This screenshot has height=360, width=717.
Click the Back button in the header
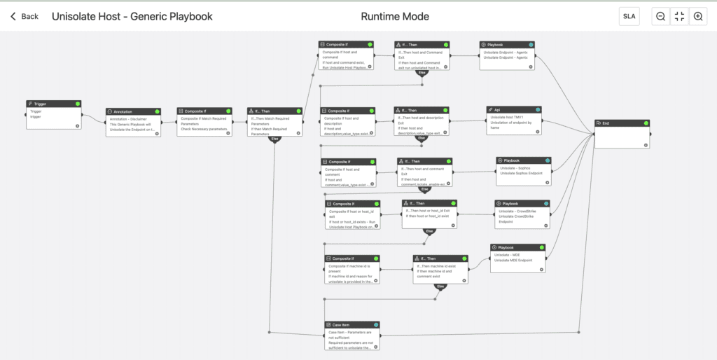click(x=25, y=16)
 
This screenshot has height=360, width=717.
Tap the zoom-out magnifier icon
click(x=660, y=17)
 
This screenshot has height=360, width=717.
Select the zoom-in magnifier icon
click(x=697, y=17)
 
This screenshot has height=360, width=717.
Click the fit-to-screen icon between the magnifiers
click(x=678, y=17)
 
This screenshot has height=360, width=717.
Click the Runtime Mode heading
click(x=395, y=16)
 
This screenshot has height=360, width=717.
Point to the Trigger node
click(x=54, y=115)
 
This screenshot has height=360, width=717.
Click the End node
click(x=622, y=134)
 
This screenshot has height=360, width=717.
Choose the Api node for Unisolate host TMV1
click(x=514, y=119)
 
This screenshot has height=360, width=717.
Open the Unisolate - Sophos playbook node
click(x=523, y=171)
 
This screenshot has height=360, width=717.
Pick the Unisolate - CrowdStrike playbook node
click(x=522, y=214)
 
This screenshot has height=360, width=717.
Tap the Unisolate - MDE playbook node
click(x=517, y=257)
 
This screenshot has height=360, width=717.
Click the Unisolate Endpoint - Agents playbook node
click(x=507, y=55)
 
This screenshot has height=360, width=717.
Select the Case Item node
click(x=351, y=335)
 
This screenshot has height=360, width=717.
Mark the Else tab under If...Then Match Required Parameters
click(x=275, y=139)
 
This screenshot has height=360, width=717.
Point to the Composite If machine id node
click(x=353, y=269)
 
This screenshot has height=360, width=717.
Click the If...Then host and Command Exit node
click(x=421, y=55)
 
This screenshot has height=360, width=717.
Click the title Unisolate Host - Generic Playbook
click(x=132, y=16)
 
